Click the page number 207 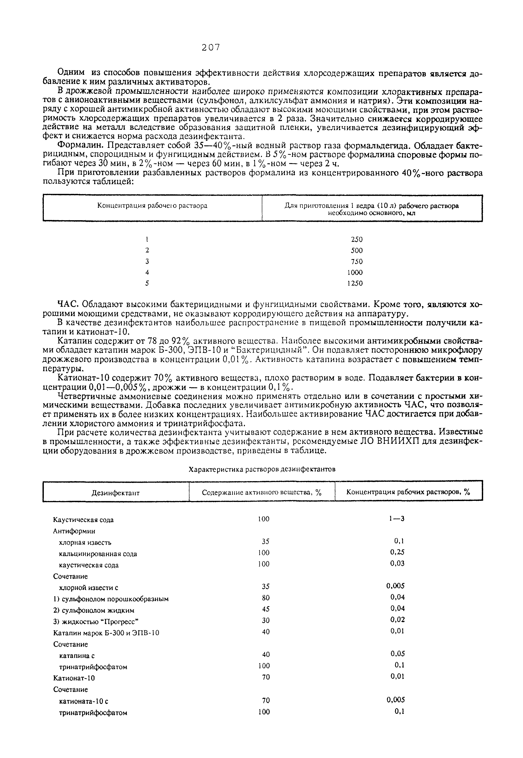tap(211, 48)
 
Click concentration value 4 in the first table tap(147, 272)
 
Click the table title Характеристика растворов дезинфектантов tap(262, 469)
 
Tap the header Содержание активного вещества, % tap(262, 492)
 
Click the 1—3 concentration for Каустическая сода tap(397, 519)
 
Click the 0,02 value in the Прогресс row tap(398, 619)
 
